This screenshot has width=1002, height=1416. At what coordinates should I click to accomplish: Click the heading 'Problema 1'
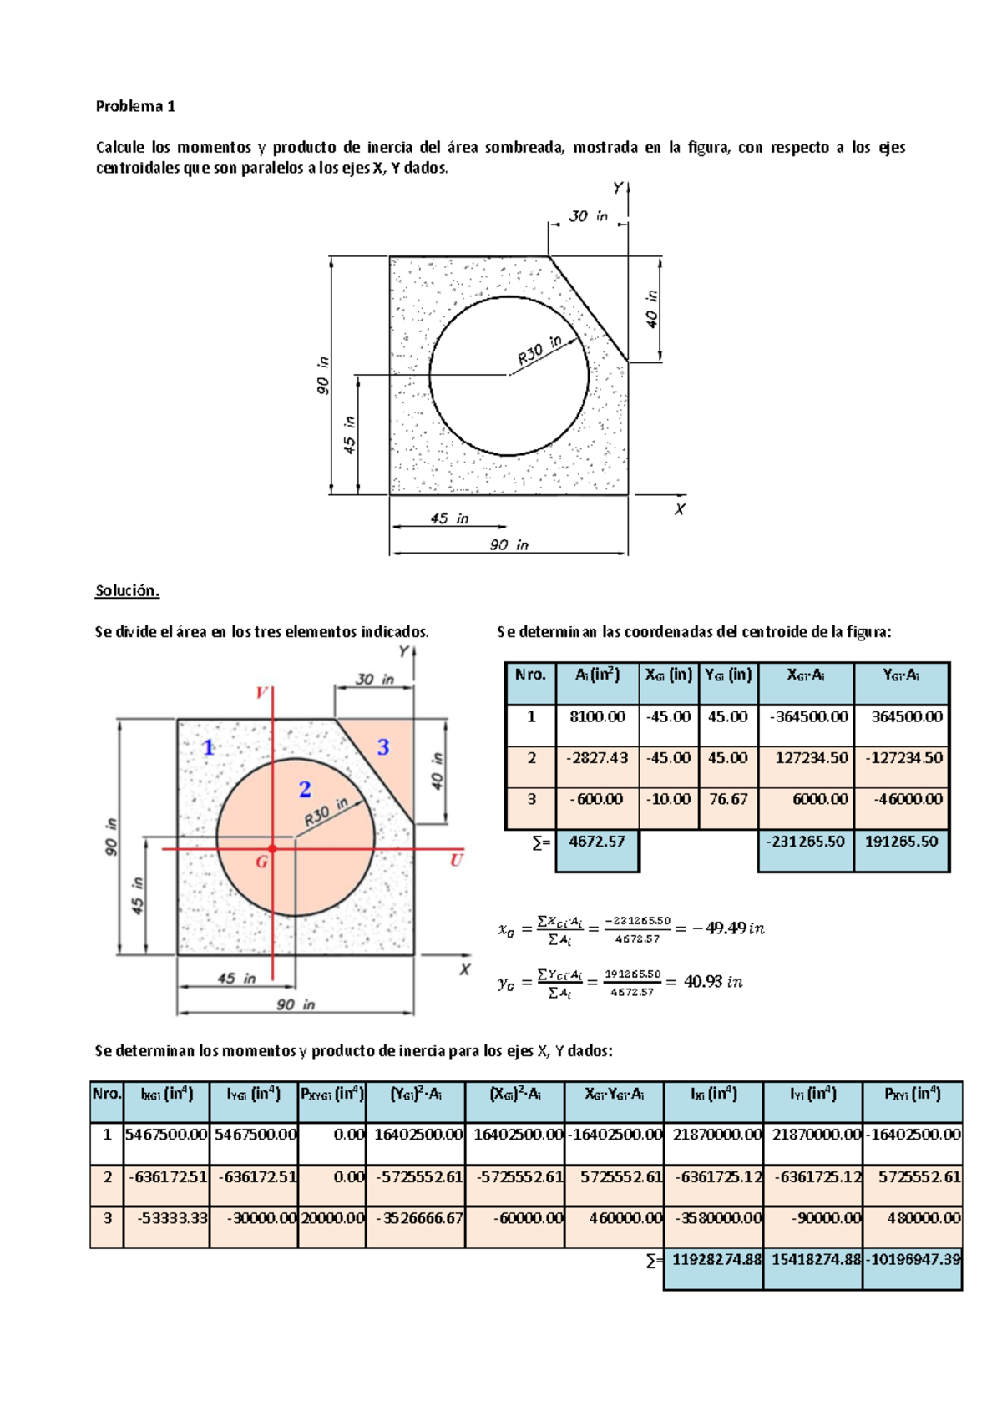135,106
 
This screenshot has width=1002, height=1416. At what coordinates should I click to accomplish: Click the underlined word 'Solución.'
127,590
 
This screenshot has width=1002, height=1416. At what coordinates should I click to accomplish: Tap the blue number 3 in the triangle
383,747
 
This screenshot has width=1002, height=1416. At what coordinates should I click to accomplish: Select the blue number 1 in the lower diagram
208,748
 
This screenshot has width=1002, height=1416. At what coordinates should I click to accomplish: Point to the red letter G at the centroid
261,862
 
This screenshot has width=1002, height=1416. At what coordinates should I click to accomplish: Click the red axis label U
456,860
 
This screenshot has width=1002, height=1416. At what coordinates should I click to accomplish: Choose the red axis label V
261,693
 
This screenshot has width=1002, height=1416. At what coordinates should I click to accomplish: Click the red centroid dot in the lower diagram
272,849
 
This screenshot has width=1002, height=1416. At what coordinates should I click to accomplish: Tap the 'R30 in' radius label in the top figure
539,350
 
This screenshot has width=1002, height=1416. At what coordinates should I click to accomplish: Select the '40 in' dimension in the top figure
651,308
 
